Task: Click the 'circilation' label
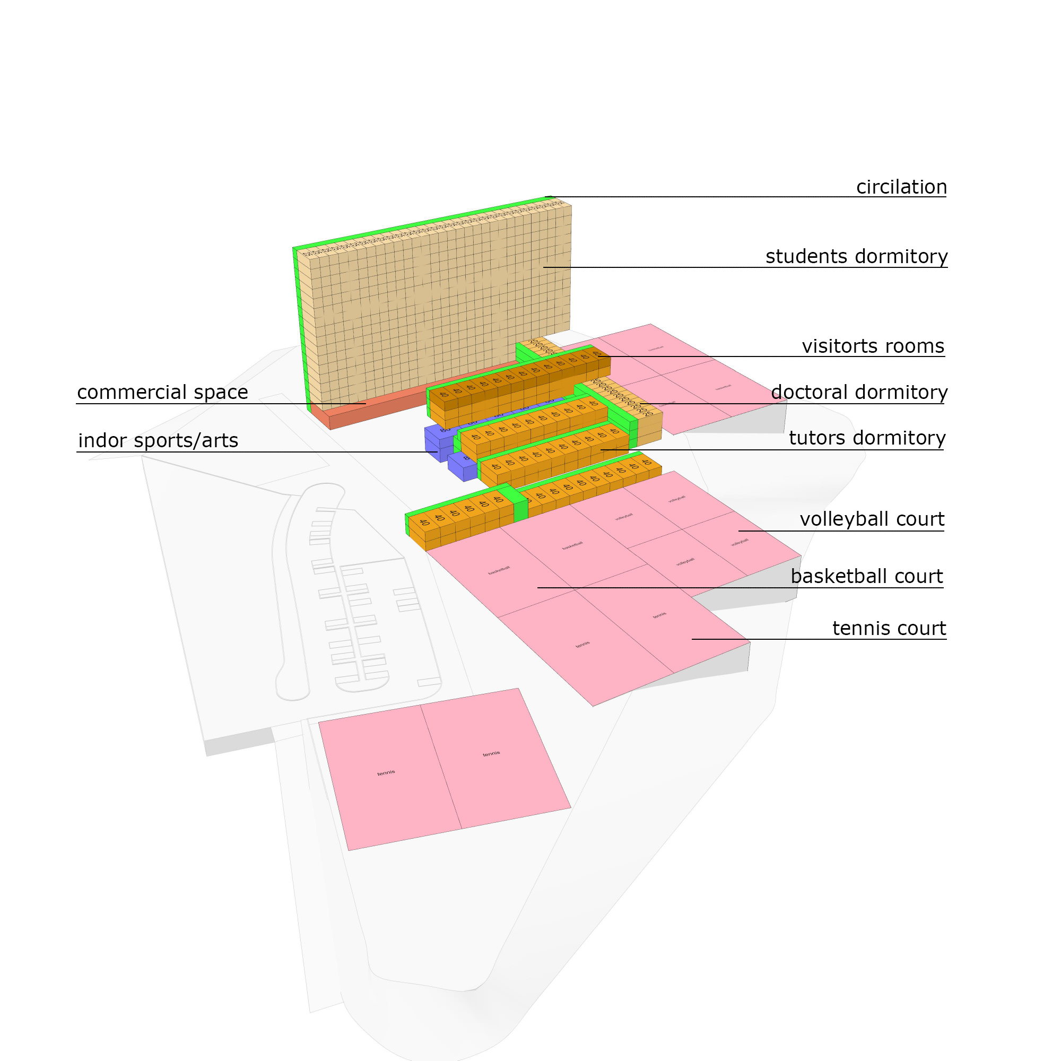coord(901,187)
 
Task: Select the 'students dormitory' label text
coord(856,256)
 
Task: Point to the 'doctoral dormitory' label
coord(859,392)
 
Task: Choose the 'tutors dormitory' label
coord(867,438)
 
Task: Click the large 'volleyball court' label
coord(872,519)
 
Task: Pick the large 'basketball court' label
coord(867,577)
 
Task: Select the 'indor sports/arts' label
coord(158,440)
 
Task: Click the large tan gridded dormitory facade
coord(439,308)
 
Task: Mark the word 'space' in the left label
coord(223,392)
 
